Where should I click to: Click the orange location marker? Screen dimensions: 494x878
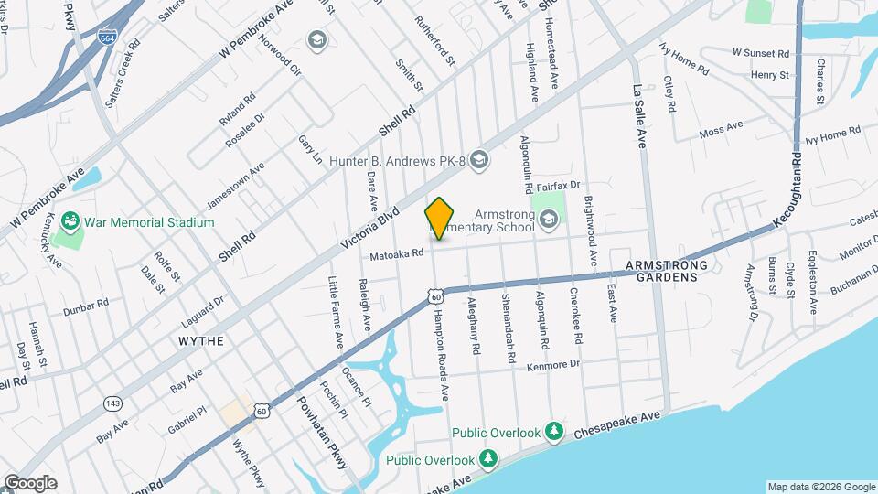(440, 219)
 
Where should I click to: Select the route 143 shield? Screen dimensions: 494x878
(113, 403)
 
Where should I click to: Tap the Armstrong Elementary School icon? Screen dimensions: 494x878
(548, 218)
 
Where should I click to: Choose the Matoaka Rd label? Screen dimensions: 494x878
(397, 253)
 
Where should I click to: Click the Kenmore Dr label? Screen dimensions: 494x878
(553, 364)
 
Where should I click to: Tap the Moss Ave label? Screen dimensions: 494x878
(722, 131)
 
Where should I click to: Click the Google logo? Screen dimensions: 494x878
(30, 483)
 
